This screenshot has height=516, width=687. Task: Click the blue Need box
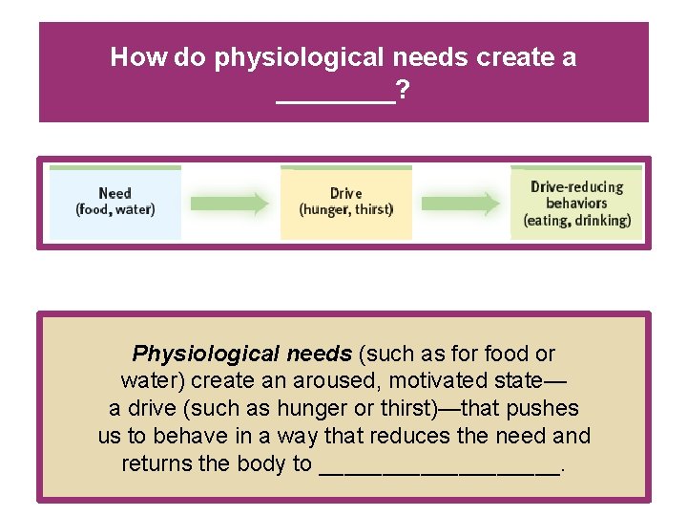(x=114, y=203)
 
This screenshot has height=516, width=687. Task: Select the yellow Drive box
(x=345, y=203)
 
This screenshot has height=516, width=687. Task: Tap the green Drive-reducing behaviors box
(x=576, y=203)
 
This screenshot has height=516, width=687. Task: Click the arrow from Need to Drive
(x=230, y=203)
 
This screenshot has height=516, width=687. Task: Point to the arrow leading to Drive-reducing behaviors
(x=461, y=203)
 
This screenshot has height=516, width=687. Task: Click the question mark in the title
(x=404, y=91)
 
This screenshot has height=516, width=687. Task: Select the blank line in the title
(x=335, y=96)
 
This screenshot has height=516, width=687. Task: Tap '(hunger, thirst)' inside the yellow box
(x=345, y=210)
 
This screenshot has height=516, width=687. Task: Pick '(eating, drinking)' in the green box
(x=577, y=221)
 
